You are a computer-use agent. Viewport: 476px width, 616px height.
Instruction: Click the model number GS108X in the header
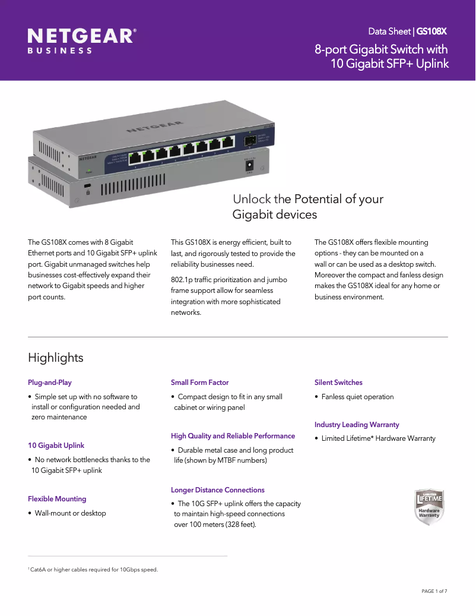(431, 31)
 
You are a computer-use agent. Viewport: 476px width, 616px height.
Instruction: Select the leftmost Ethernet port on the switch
(135, 157)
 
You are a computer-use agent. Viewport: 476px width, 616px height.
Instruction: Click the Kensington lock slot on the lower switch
(88, 187)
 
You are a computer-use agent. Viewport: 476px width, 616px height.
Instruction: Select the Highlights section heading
(55, 358)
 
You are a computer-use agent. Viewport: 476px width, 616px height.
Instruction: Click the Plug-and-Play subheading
(50, 383)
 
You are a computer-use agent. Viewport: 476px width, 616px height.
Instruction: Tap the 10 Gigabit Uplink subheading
(56, 446)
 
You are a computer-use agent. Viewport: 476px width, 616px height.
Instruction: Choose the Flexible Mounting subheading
(57, 499)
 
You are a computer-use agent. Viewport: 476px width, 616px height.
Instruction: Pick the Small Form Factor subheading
(199, 383)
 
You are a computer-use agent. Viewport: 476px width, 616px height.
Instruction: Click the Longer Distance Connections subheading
(217, 490)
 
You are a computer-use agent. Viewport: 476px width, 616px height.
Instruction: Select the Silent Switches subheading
(338, 383)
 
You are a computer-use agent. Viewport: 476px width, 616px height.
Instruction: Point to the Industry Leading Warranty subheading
(357, 425)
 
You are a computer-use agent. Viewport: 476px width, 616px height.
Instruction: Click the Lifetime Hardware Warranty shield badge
(429, 506)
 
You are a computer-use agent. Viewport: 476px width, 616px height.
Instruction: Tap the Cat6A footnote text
(94, 570)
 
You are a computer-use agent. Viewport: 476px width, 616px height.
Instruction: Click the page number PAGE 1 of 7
(434, 591)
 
